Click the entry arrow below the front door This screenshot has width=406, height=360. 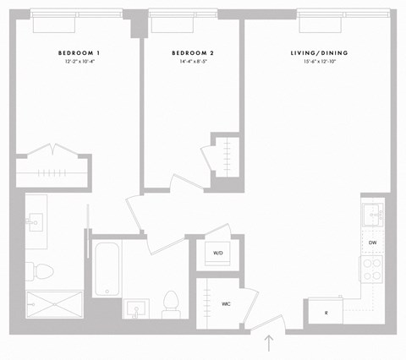click(x=270, y=343)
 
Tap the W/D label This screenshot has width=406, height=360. click(x=217, y=253)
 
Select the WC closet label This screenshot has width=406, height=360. click(x=227, y=303)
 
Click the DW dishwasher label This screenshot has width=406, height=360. click(x=372, y=243)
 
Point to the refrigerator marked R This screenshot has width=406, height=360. click(x=325, y=313)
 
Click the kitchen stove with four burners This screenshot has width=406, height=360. click(x=372, y=269)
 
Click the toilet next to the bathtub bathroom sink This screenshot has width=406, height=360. click(x=171, y=303)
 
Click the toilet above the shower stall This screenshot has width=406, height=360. click(x=42, y=270)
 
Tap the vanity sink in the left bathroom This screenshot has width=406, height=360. click(x=36, y=222)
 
